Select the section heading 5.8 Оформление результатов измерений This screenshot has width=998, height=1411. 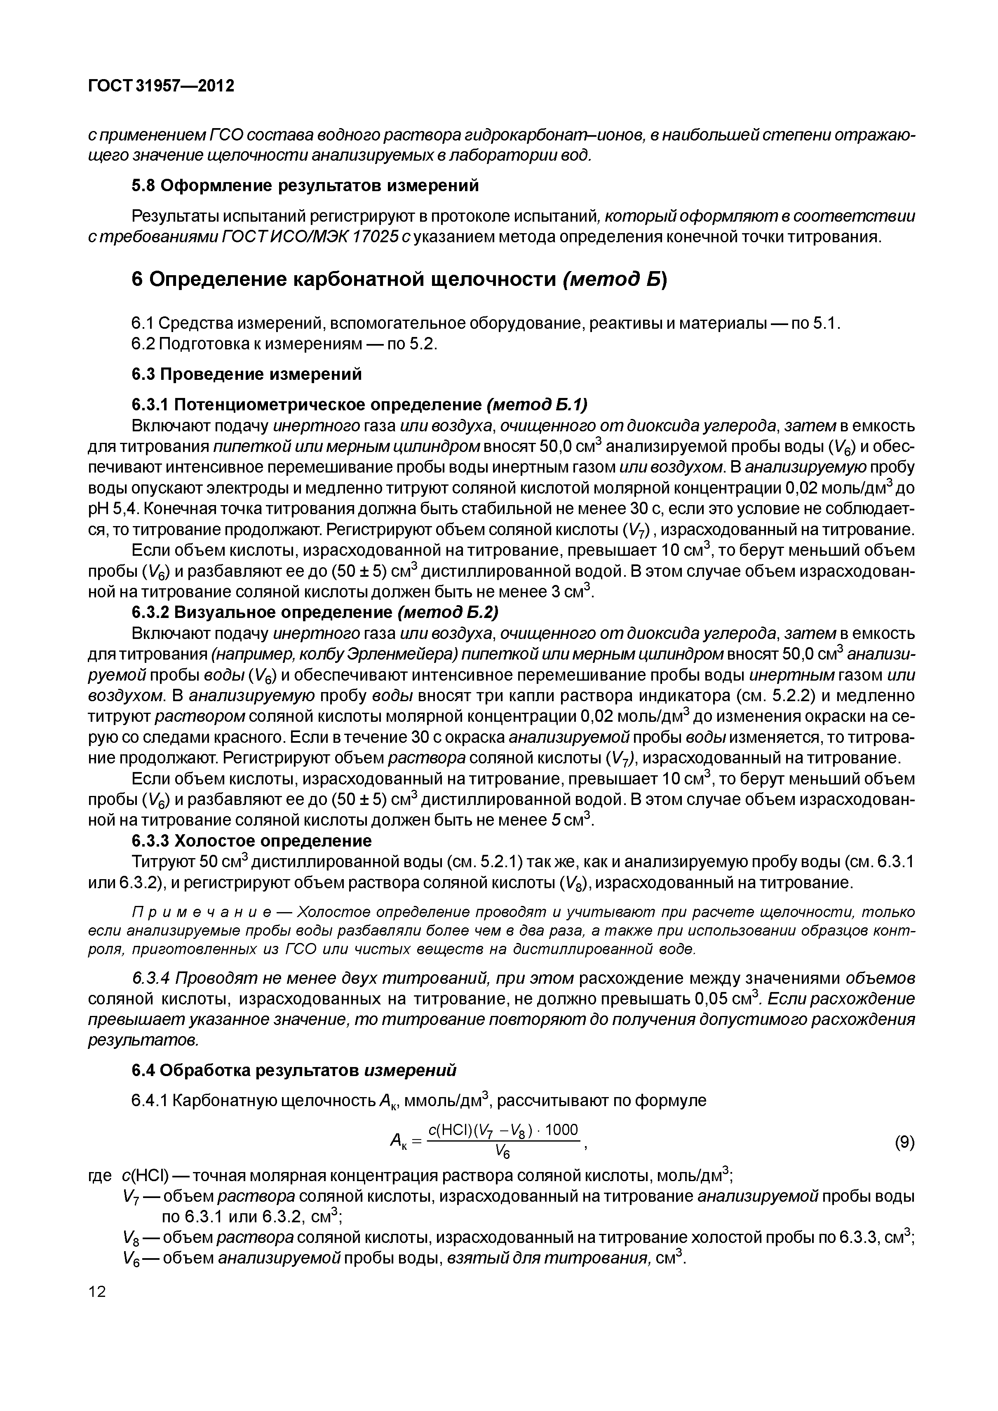tap(305, 186)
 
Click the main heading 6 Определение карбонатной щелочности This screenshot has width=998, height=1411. tap(400, 280)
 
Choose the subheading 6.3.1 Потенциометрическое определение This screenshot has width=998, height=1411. tap(360, 405)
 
